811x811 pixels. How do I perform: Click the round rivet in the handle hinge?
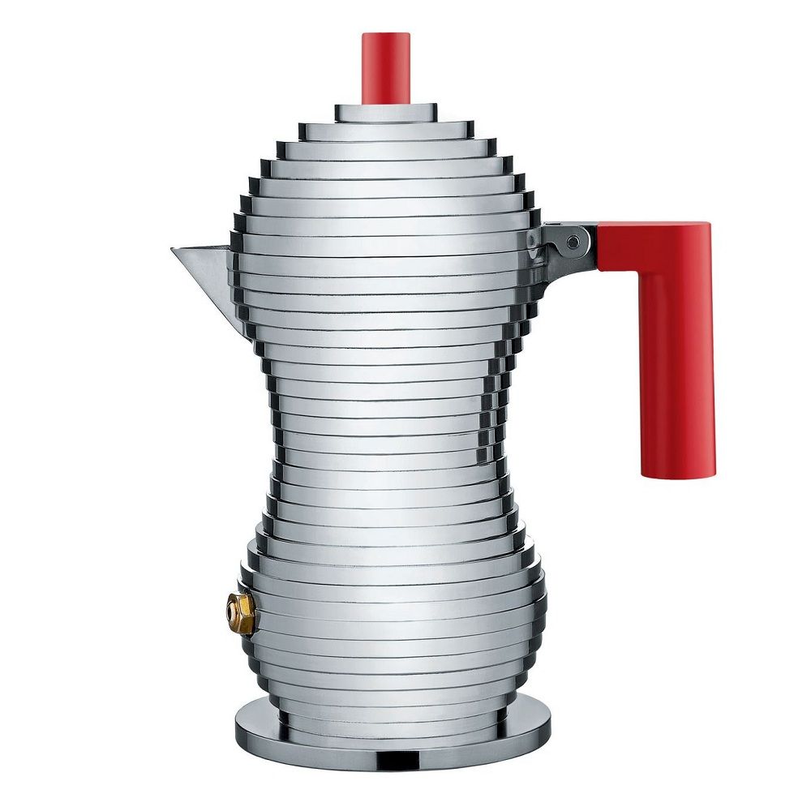coord(573,241)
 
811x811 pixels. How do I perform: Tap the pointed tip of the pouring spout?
coord(174,250)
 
